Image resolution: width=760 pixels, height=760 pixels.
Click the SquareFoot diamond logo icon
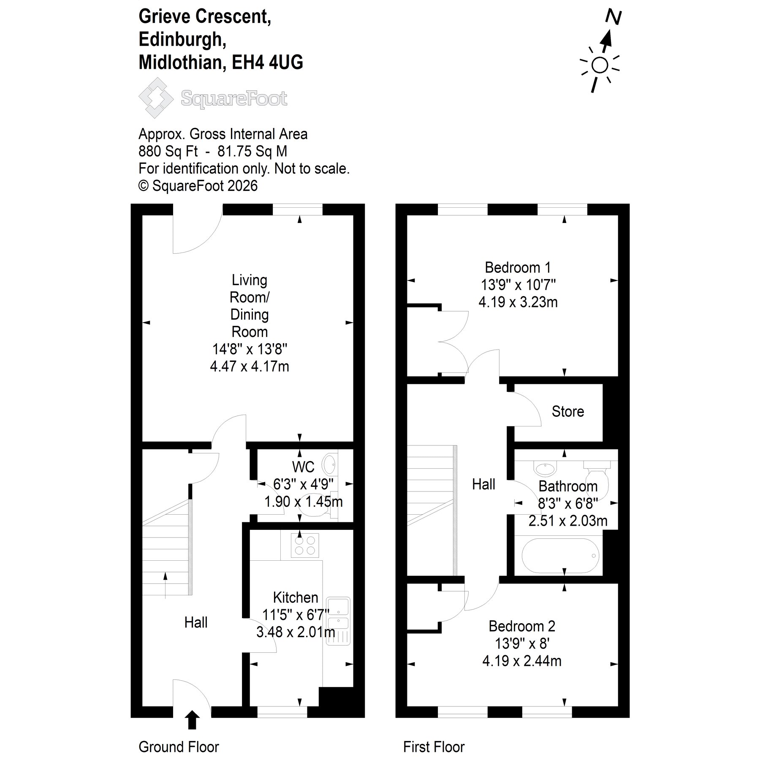click(156, 98)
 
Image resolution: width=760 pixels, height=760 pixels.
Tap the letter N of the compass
click(613, 17)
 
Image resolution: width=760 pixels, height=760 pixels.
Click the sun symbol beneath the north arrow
click(600, 65)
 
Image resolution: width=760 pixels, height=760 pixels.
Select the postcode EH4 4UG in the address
click(267, 62)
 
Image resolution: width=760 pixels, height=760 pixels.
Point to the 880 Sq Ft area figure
click(168, 151)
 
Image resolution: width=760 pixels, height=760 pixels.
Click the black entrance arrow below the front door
click(192, 720)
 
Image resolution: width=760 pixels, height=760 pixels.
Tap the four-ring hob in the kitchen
click(305, 546)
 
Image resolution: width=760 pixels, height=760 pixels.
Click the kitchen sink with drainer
click(338, 621)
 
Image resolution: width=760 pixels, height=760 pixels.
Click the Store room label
click(568, 412)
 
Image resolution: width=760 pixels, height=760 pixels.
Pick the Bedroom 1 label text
click(518, 268)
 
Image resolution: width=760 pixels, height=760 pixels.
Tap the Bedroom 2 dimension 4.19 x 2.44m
click(522, 661)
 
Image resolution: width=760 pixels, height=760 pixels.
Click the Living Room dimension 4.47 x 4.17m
click(250, 366)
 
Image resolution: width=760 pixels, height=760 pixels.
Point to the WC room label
click(303, 467)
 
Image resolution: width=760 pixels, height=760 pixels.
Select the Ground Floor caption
click(179, 747)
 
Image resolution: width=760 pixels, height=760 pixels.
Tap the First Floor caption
click(434, 747)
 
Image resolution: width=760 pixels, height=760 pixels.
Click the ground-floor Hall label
click(196, 622)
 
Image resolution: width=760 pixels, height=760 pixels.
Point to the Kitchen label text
click(296, 597)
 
